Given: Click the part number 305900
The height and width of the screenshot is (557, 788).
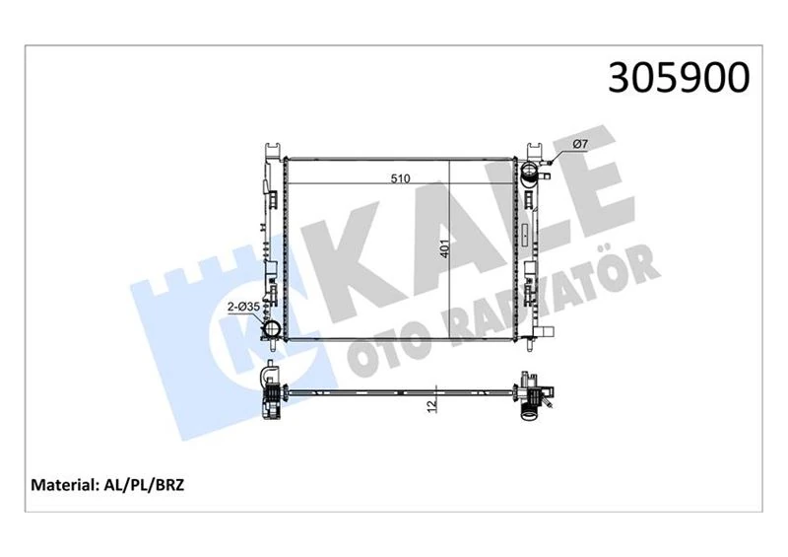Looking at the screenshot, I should tap(680, 77).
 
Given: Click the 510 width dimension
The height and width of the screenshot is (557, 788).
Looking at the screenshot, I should tap(400, 179).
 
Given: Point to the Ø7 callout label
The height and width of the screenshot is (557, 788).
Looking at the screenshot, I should tap(580, 146).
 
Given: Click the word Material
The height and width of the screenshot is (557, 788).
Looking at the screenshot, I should tap(65, 484).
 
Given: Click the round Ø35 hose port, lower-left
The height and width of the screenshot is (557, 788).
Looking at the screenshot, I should tap(271, 327).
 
